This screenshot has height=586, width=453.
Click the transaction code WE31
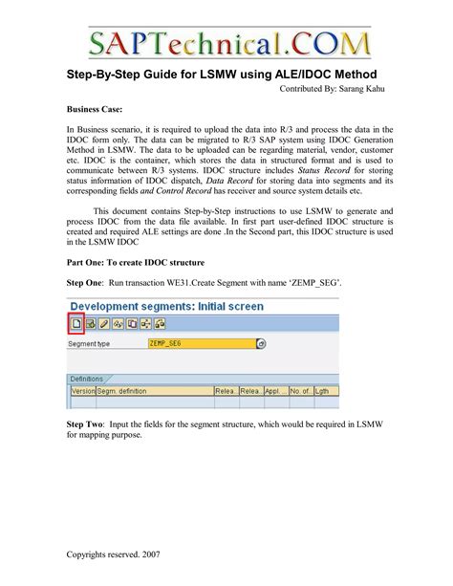[x=197, y=312]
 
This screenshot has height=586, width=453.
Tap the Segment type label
[x=92, y=369]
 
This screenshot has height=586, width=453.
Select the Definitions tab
[x=87, y=380]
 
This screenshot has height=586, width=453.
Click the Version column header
[x=82, y=391]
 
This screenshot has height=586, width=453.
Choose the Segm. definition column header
[x=119, y=391]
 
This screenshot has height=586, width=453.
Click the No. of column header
[x=298, y=391]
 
